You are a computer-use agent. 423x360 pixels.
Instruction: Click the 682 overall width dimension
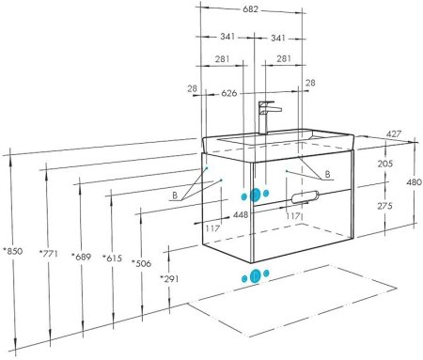pyautogui.click(x=251, y=9)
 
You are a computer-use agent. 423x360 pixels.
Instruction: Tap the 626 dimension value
pyautogui.click(x=229, y=93)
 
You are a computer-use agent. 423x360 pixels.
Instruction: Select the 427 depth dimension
pyautogui.click(x=393, y=133)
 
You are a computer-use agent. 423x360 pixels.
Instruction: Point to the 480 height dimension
pyautogui.click(x=414, y=182)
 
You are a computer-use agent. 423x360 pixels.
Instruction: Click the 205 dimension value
pyautogui.click(x=385, y=164)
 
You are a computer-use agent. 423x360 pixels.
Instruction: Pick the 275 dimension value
pyautogui.click(x=385, y=206)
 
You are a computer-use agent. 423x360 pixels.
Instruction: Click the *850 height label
pyautogui.click(x=12, y=251)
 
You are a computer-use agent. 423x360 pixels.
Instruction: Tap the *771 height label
pyautogui.click(x=48, y=253)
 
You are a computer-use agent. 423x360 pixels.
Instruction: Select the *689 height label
pyautogui.click(x=81, y=257)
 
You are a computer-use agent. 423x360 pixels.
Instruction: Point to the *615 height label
pyautogui.click(x=113, y=258)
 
